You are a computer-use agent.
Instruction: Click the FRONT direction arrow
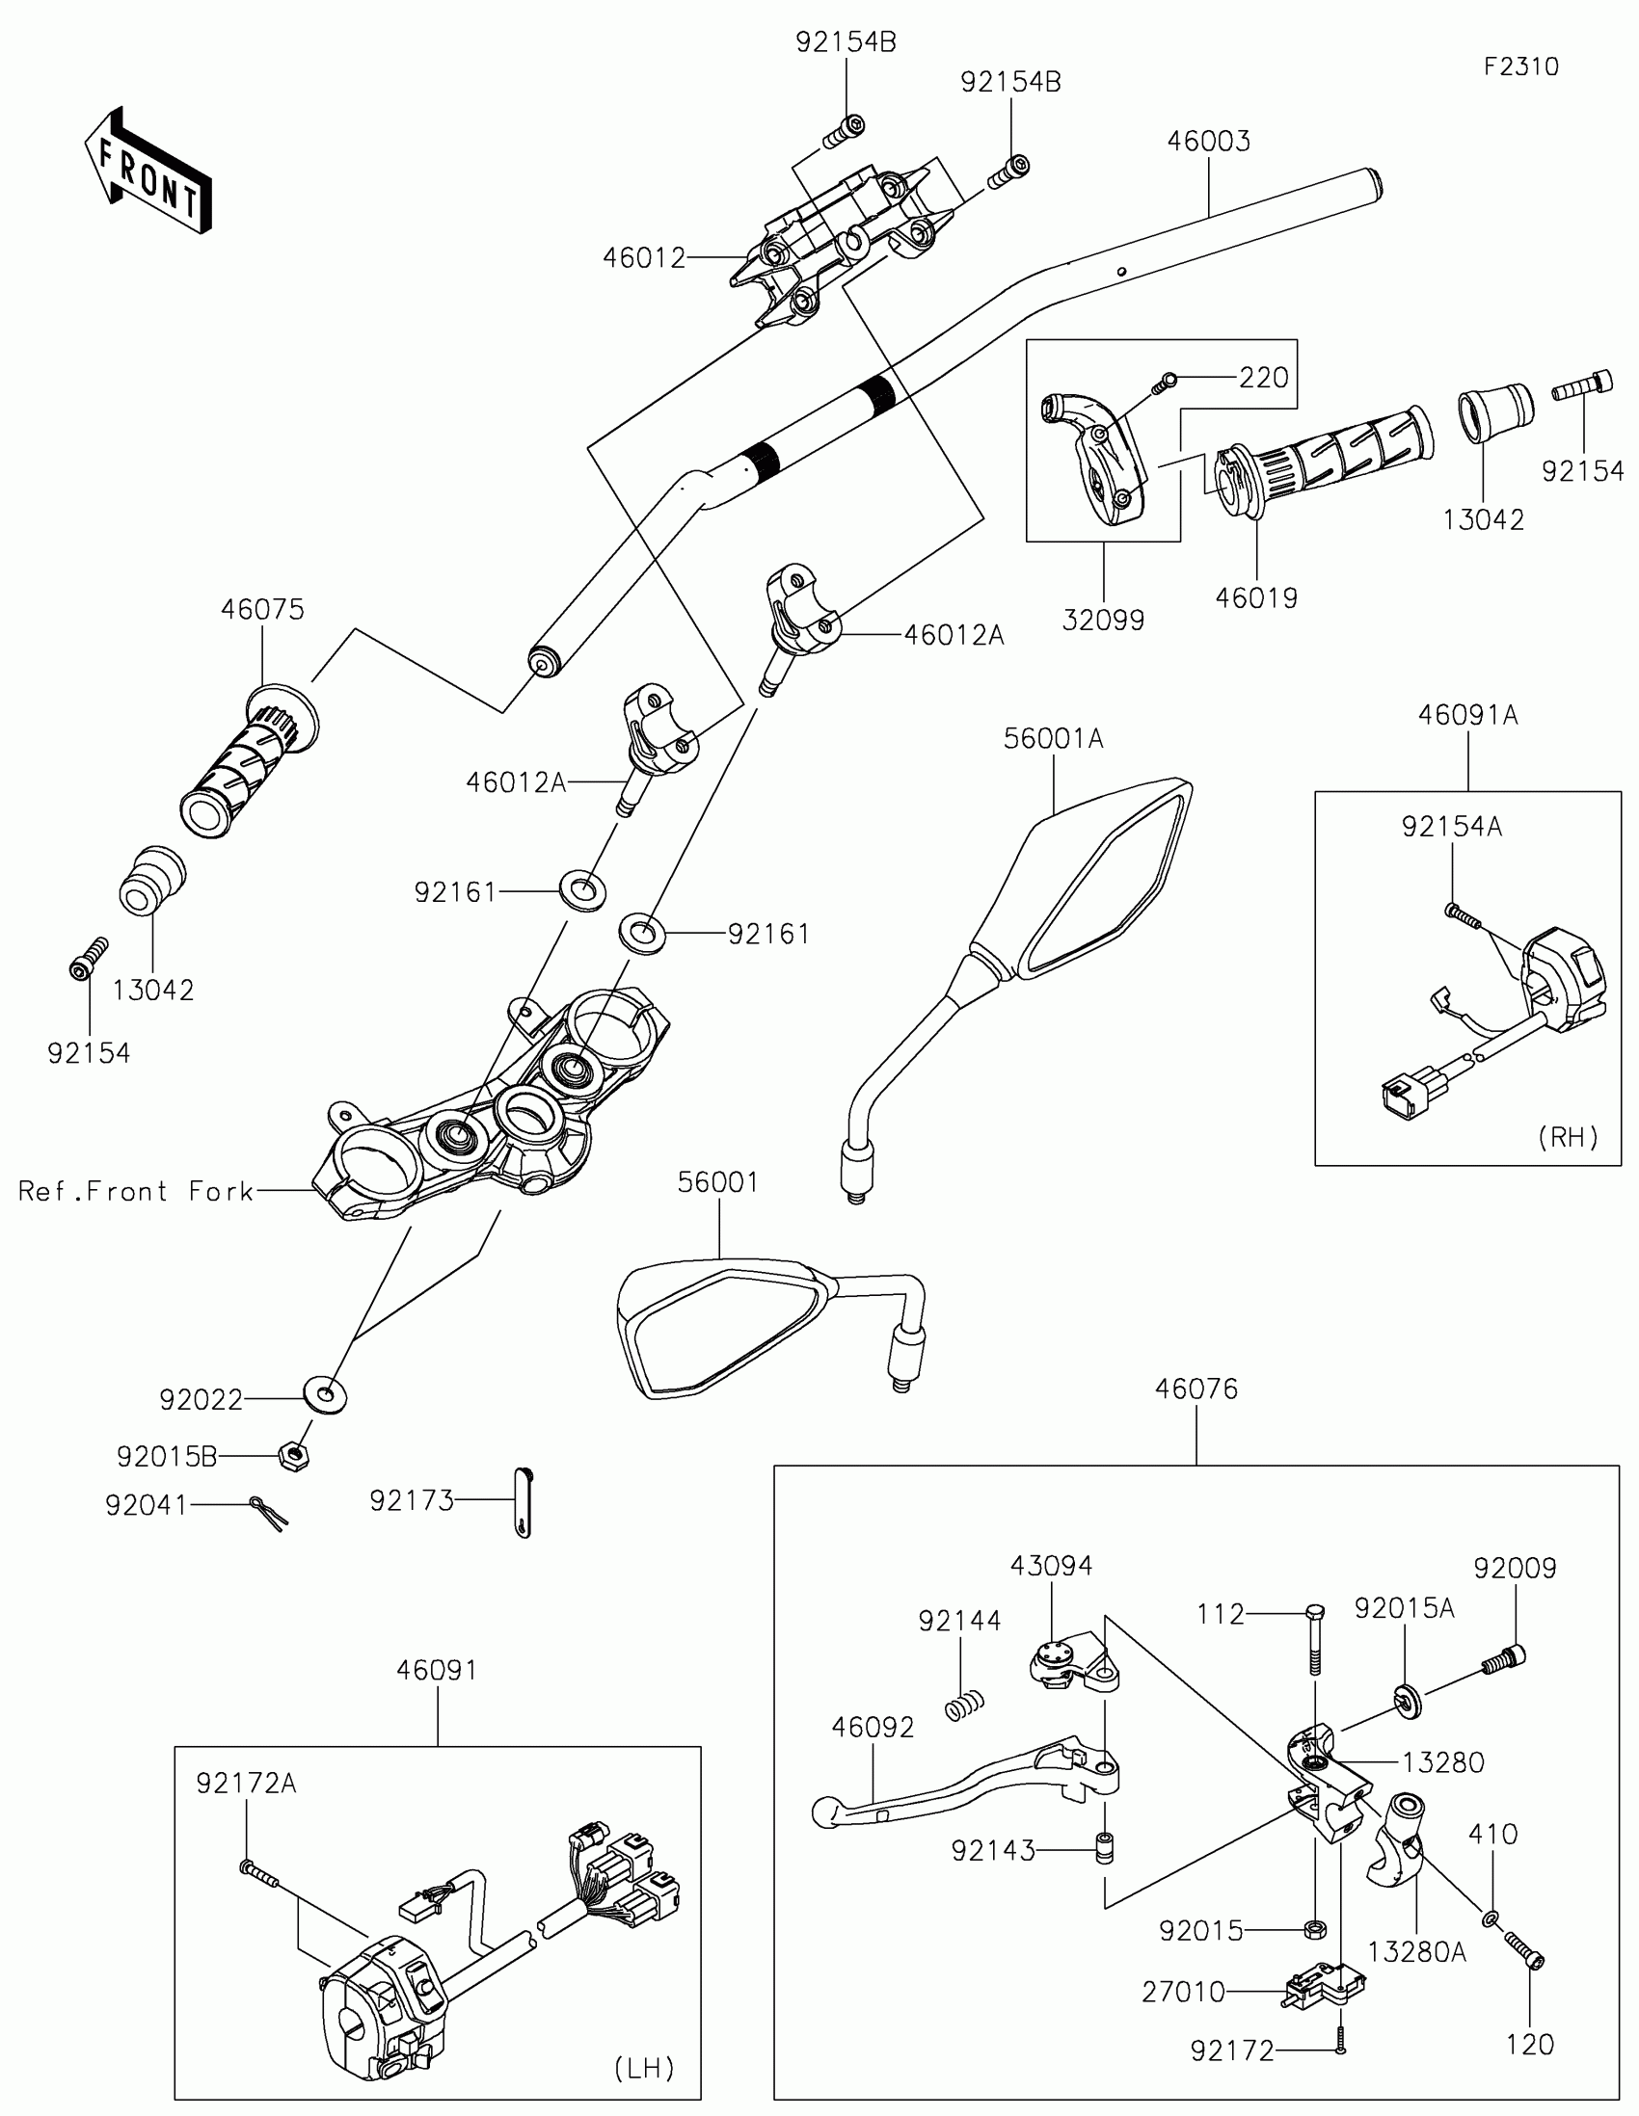tap(148, 171)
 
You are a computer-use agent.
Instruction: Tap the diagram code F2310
tap(1520, 66)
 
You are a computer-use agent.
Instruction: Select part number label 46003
tap(1208, 142)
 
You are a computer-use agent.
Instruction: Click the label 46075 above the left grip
tap(262, 609)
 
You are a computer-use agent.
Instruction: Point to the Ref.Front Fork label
tap(136, 1191)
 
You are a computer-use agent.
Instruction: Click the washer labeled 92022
tap(326, 1395)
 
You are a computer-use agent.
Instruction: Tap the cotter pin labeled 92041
tap(268, 1511)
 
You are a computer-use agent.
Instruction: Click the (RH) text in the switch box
tap(1568, 1136)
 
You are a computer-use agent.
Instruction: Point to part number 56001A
tap(1053, 739)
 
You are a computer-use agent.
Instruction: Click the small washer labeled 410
tap(1490, 1918)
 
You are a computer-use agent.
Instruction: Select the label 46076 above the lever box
tap(1196, 1389)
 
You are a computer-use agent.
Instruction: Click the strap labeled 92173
tap(524, 1502)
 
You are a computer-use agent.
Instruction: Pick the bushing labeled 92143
tap(1103, 1847)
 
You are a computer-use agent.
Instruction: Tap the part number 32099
tap(1103, 621)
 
